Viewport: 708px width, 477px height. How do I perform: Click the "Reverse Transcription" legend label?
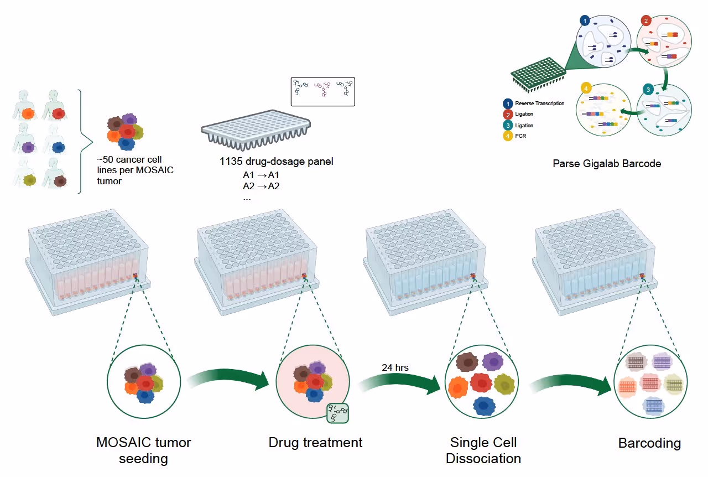point(539,103)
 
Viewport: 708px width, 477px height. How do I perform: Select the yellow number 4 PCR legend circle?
point(507,136)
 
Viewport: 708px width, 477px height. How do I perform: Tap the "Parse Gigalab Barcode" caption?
point(607,164)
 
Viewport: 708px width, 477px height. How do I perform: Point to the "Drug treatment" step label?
point(315,443)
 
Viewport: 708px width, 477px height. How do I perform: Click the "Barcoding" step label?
point(649,443)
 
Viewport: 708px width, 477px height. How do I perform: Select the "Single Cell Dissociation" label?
point(483,450)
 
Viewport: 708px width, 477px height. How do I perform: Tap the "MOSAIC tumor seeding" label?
point(143,450)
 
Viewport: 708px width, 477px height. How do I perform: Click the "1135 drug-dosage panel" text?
point(276,162)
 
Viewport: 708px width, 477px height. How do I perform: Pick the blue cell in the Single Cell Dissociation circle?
point(483,405)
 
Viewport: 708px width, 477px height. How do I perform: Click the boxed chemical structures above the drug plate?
point(322,91)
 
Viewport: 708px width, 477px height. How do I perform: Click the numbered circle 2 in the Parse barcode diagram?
point(646,22)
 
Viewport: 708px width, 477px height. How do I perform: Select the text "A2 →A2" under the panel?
point(261,186)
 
